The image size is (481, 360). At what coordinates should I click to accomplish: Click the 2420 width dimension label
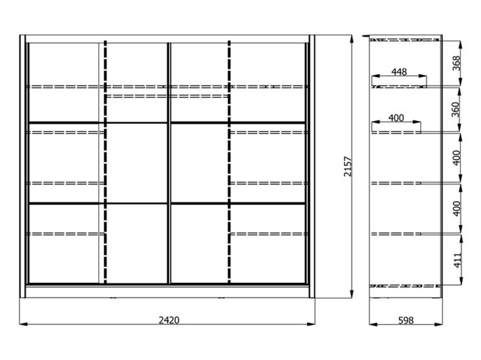tap(169, 320)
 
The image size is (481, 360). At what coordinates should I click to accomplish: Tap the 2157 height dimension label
tap(348, 166)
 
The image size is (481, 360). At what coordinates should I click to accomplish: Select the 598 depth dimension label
tap(406, 320)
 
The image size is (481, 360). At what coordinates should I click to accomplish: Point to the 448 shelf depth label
tap(399, 72)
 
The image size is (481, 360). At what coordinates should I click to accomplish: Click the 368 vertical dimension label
tap(456, 63)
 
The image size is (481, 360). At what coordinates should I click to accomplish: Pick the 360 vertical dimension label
tap(456, 109)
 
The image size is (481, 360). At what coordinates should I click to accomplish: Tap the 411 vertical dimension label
tap(457, 260)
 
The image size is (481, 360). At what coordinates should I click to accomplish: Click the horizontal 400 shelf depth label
tap(396, 117)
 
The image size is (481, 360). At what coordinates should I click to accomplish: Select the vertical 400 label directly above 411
tap(456, 209)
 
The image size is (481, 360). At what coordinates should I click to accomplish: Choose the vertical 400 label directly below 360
tap(456, 158)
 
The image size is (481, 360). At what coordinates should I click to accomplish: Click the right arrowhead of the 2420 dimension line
tap(311, 324)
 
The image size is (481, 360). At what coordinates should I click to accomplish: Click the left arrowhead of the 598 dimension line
tap(373, 324)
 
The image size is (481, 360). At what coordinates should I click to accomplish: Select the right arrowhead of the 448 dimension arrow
tap(423, 76)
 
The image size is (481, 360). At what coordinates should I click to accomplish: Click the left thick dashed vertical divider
tap(106, 161)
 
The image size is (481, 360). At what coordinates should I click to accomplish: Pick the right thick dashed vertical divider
tap(229, 161)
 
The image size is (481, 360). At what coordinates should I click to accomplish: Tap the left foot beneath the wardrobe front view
tap(113, 298)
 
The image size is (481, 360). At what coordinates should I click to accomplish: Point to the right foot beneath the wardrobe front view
tap(221, 298)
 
